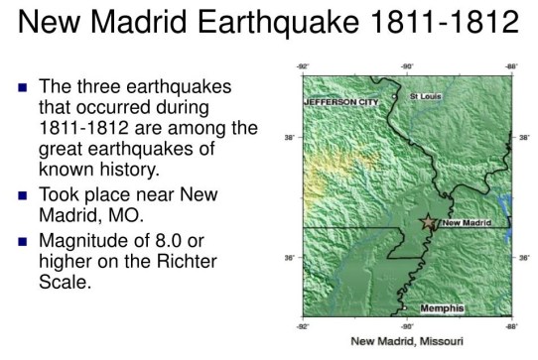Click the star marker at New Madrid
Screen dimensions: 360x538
[x=429, y=222]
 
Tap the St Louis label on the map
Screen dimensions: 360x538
[x=427, y=96]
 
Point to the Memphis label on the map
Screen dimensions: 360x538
[x=442, y=308]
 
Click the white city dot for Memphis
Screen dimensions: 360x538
[x=404, y=308]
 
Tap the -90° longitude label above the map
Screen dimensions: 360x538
[x=406, y=66]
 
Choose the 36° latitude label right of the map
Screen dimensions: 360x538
[x=523, y=258]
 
